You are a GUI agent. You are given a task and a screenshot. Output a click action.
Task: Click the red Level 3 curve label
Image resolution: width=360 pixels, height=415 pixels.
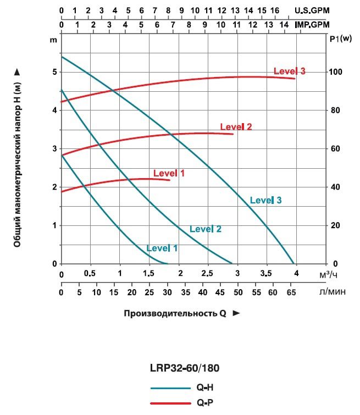pos(290,71)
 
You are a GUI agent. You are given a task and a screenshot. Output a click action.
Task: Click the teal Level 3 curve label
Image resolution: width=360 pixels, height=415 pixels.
pos(265,201)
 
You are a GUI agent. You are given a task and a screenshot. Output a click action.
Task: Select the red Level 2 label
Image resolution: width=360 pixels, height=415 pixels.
pos(236,127)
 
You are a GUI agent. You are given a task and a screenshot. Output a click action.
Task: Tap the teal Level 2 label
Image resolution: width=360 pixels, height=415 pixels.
pos(206,229)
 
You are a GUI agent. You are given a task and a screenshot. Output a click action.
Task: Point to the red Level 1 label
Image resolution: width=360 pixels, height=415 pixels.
pos(169,173)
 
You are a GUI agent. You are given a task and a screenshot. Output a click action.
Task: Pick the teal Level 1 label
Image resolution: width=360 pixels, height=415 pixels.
pos(162,248)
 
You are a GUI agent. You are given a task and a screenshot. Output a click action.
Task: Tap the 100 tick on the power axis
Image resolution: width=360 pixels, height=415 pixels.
pos(335,72)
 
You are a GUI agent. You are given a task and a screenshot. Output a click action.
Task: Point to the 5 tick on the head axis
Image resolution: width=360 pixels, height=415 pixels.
pos(53,72)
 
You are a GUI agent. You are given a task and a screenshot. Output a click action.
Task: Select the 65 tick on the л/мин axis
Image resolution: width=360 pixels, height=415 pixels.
pos(291,292)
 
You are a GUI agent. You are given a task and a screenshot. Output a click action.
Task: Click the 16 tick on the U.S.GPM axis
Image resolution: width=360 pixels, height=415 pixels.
pos(275,10)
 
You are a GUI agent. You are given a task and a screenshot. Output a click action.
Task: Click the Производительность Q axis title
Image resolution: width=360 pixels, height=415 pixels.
pos(174,313)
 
